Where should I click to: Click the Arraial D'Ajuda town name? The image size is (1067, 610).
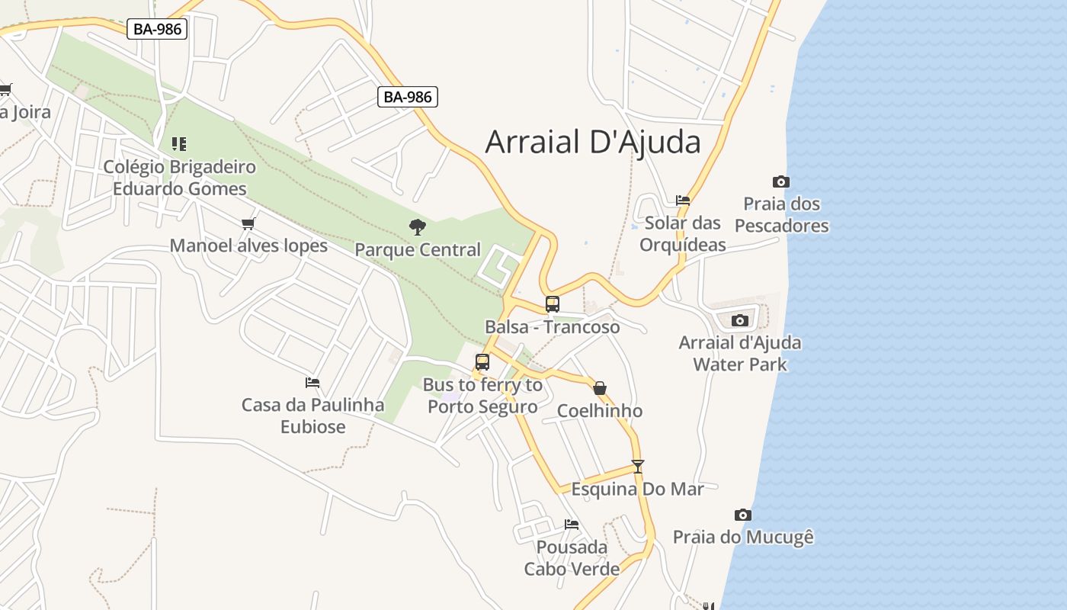click(x=592, y=142)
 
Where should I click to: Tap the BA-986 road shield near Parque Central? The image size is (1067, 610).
click(x=408, y=97)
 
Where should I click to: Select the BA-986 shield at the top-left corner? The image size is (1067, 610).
click(x=158, y=29)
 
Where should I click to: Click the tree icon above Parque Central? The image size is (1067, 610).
click(x=417, y=226)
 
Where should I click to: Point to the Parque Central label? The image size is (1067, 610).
click(x=418, y=249)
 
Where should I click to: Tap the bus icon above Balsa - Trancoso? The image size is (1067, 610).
click(x=553, y=304)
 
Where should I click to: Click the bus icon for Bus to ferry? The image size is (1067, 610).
click(x=482, y=362)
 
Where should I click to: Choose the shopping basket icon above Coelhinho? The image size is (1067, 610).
click(x=600, y=388)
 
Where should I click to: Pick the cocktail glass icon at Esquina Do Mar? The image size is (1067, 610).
click(x=638, y=467)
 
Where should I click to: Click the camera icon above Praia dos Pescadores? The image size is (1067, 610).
click(x=780, y=181)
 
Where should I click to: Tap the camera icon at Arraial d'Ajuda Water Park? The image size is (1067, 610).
click(x=739, y=320)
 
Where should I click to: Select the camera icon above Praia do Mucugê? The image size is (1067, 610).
click(x=742, y=515)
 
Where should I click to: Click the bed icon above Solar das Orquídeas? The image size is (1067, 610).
click(x=683, y=201)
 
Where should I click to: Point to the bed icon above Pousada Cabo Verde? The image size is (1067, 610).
click(x=572, y=525)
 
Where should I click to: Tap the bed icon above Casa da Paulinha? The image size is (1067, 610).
click(x=312, y=383)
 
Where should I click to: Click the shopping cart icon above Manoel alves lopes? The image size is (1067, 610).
click(x=248, y=223)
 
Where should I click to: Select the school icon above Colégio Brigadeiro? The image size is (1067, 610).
click(x=179, y=143)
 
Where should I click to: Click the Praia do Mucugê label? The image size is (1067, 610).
click(x=743, y=537)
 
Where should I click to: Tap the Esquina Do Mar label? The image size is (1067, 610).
click(x=638, y=489)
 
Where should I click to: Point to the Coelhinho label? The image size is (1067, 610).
click(x=600, y=411)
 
